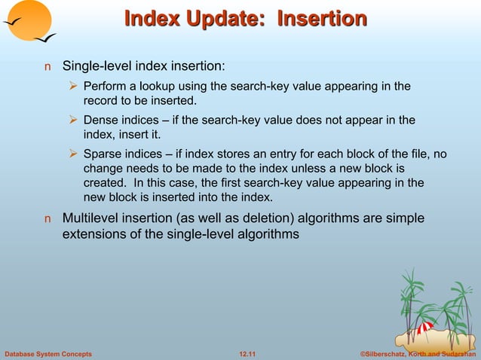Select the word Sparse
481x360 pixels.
pos(103,154)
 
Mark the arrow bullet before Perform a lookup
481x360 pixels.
pos(74,87)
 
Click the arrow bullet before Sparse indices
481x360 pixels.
pos(74,154)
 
